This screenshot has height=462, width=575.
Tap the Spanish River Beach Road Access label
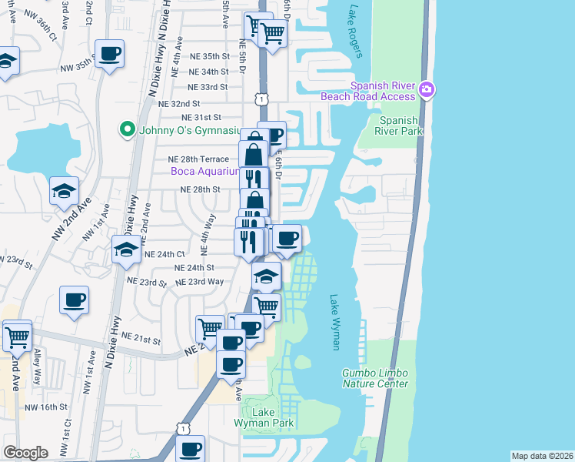pyautogui.click(x=383, y=92)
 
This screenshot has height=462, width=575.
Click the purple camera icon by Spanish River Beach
pyautogui.click(x=427, y=92)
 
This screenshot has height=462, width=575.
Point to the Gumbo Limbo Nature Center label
pyautogui.click(x=375, y=378)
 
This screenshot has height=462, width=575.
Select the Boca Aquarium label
pyautogui.click(x=207, y=172)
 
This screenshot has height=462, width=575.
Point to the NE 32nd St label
pyautogui.click(x=178, y=102)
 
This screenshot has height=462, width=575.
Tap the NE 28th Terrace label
pyautogui.click(x=198, y=159)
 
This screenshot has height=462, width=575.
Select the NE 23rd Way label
pyautogui.click(x=199, y=282)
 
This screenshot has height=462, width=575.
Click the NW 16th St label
pyautogui.click(x=42, y=407)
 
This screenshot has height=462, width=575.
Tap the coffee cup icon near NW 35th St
pyautogui.click(x=110, y=54)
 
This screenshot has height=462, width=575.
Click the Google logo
pyautogui.click(x=25, y=453)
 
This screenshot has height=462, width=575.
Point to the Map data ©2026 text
pyautogui.click(x=542, y=456)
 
